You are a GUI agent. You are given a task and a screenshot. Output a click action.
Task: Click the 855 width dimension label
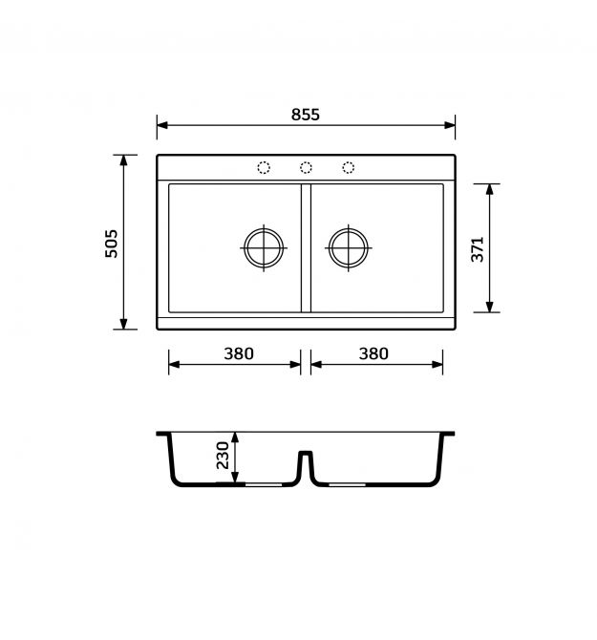coord(306,115)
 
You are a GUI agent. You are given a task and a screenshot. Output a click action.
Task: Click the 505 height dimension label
coord(112,244)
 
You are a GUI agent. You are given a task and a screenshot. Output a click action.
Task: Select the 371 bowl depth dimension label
coord(477,249)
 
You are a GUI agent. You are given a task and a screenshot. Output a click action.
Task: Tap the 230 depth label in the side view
coord(223,455)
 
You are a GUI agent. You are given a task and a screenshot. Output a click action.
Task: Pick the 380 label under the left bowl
coord(239,353)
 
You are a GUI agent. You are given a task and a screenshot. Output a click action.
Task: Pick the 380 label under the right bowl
coord(373,353)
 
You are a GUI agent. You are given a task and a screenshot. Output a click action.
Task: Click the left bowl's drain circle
coord(264,228)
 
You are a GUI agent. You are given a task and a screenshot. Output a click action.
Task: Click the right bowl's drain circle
coord(348,228)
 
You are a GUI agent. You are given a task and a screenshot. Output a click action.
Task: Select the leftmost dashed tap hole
coord(264,167)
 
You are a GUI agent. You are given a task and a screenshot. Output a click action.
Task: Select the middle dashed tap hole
coord(306,167)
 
